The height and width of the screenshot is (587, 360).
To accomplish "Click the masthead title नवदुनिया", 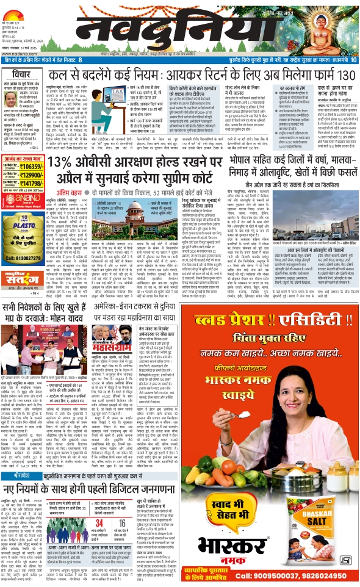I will click(149, 31).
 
